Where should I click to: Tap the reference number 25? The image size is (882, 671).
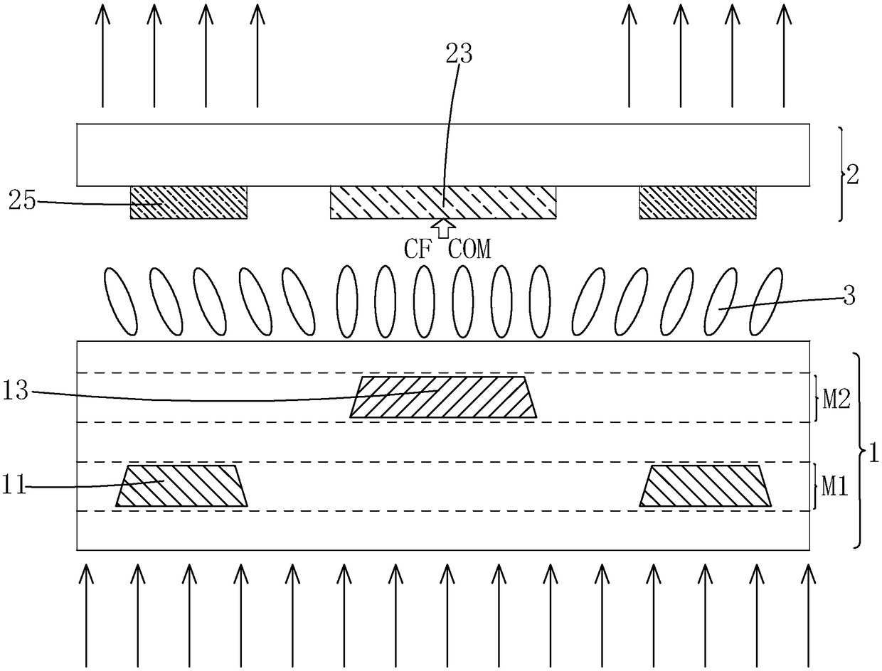(x=22, y=201)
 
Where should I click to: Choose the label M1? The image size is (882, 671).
(x=835, y=487)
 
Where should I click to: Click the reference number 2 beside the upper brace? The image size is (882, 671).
(x=852, y=175)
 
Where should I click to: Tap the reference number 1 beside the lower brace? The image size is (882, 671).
(x=871, y=451)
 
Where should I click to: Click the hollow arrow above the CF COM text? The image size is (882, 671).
(x=444, y=228)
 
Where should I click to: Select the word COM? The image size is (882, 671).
(x=469, y=249)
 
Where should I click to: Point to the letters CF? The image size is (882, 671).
(x=419, y=249)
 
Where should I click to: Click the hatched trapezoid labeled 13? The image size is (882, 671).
(x=443, y=397)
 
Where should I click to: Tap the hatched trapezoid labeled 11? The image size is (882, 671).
(x=182, y=486)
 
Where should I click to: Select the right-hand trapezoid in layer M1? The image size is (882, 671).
(x=706, y=486)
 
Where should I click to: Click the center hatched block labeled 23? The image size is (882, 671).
(x=442, y=203)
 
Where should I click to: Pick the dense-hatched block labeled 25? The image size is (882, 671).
(x=188, y=203)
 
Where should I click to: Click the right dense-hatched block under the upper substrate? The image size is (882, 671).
(x=697, y=203)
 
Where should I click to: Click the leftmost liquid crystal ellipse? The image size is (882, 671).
(x=120, y=301)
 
